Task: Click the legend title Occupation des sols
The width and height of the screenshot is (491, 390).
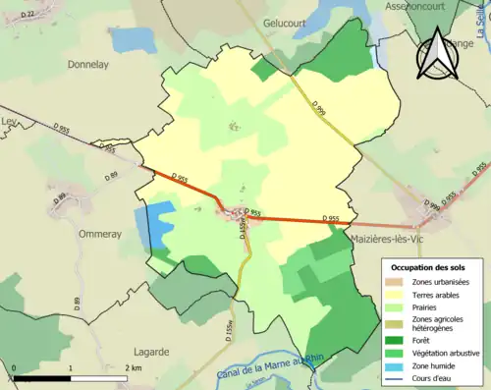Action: pyautogui.click(x=430, y=267)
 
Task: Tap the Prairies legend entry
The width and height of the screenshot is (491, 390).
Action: pyautogui.click(x=424, y=306)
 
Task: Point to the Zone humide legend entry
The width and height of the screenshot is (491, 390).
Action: pyautogui.click(x=430, y=364)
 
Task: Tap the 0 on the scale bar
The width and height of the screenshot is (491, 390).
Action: pyautogui.click(x=14, y=366)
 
